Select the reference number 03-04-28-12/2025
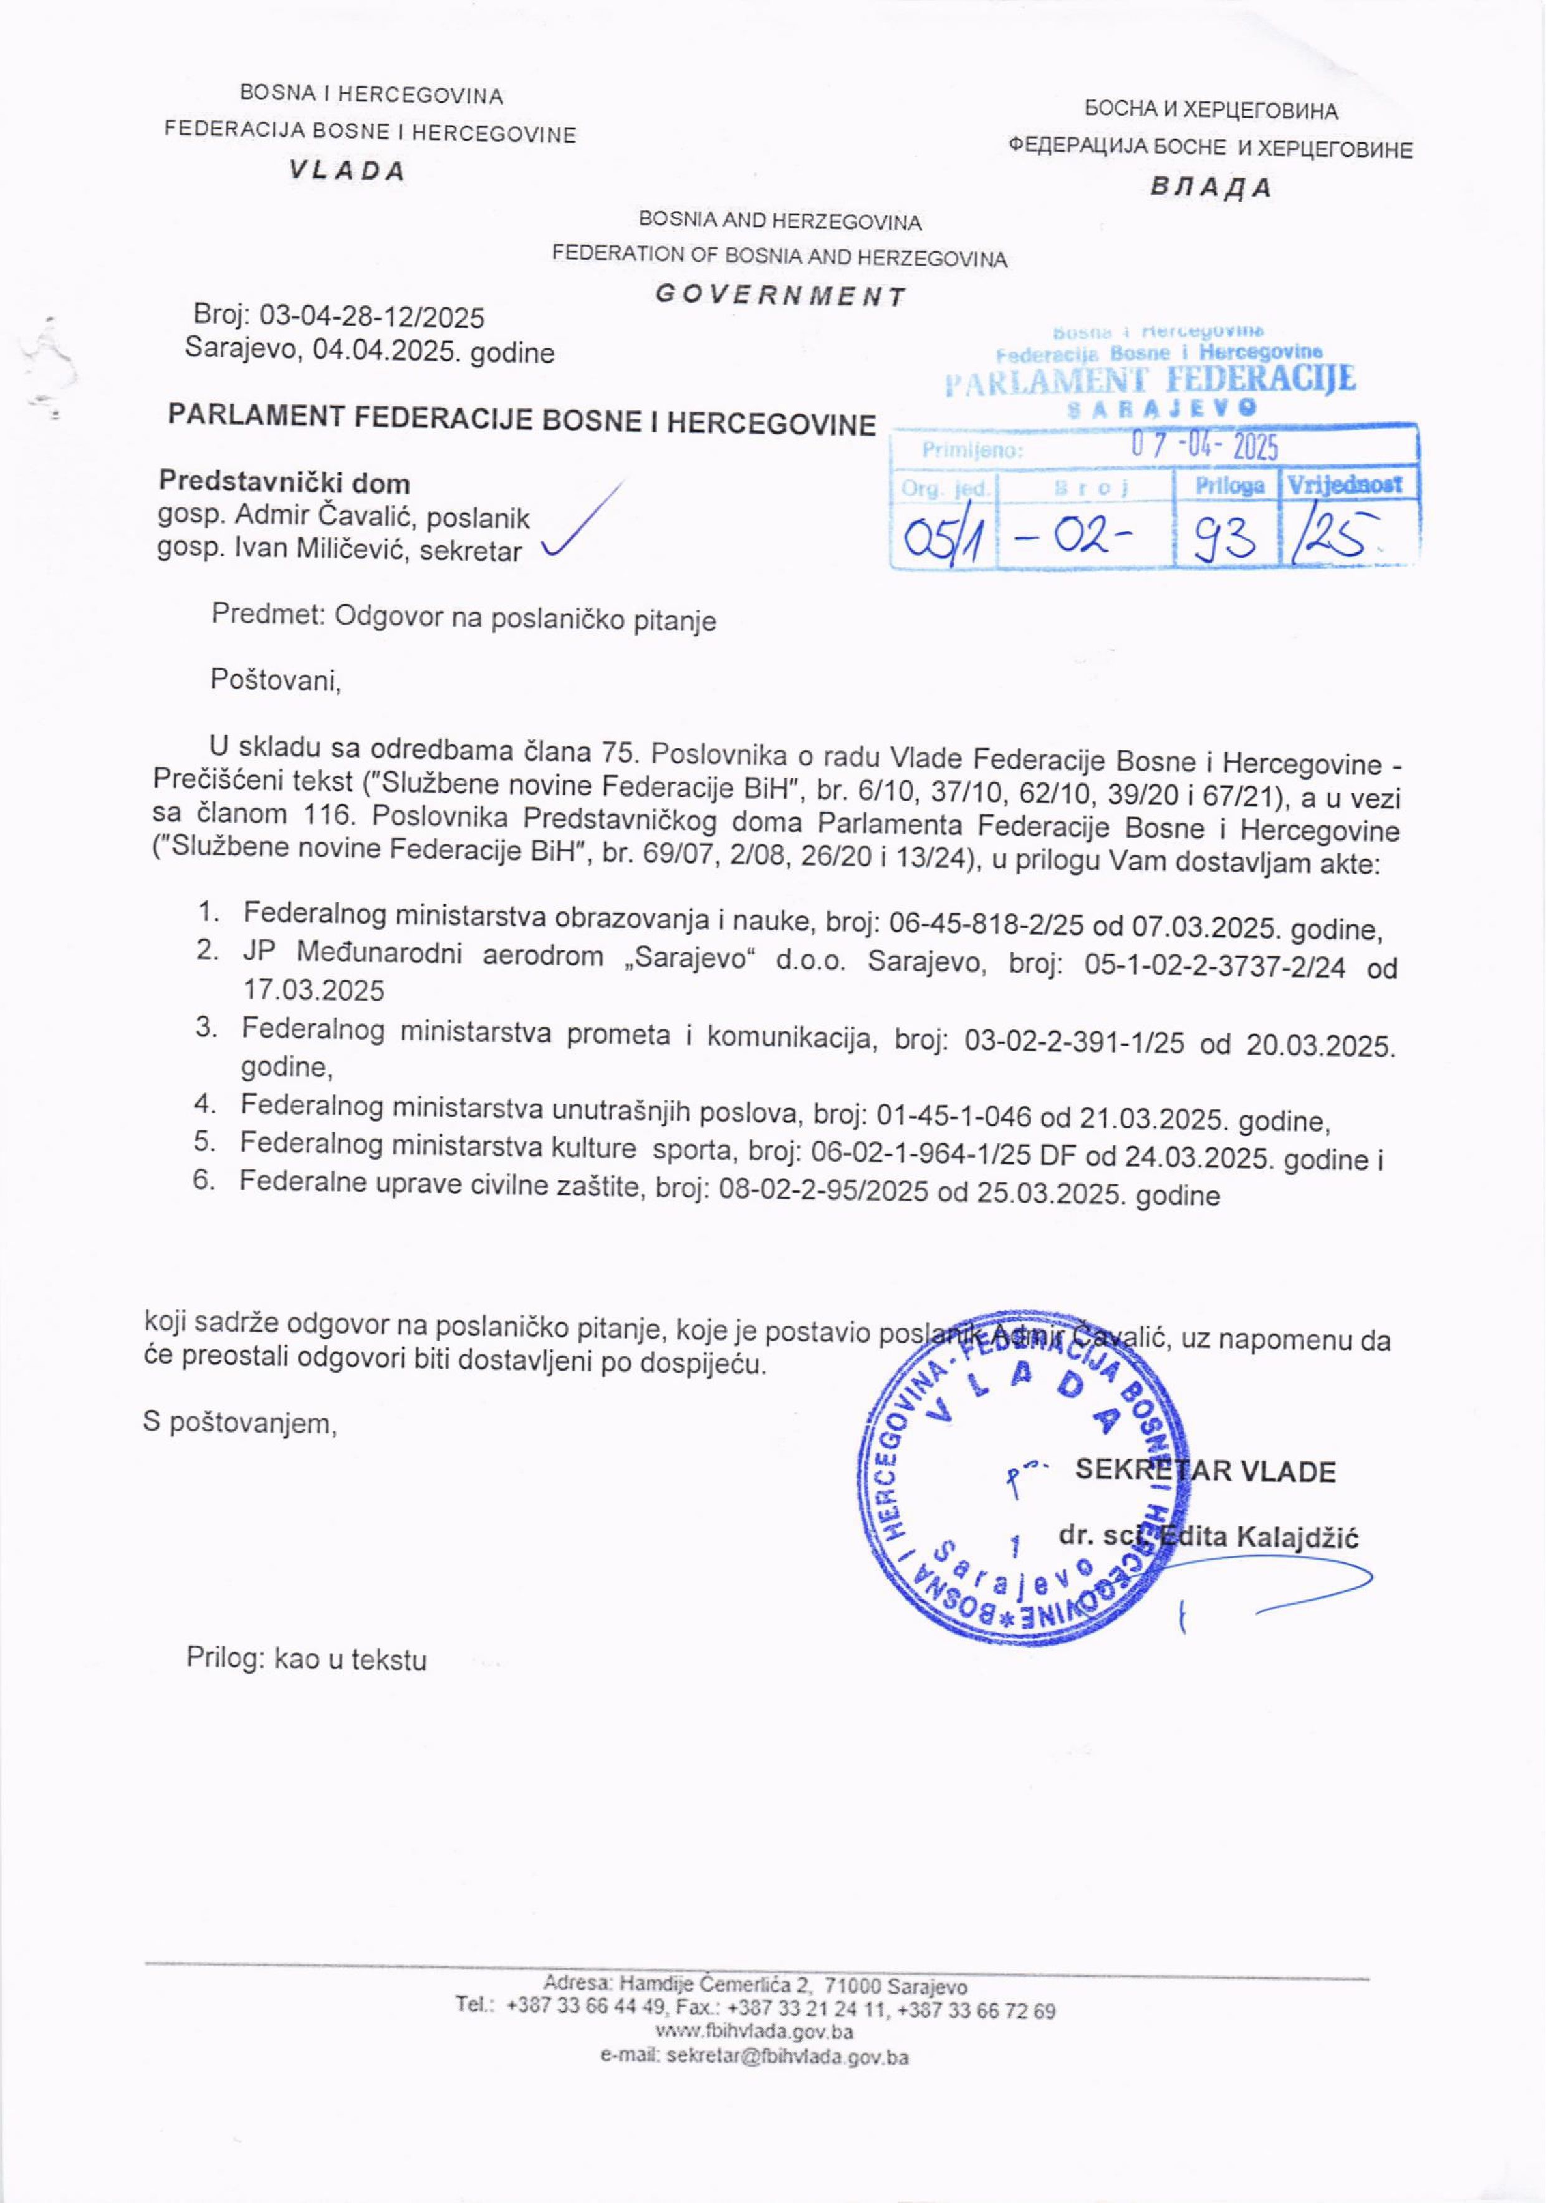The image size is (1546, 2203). [x=372, y=317]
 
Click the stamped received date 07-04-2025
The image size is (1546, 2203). [x=1206, y=447]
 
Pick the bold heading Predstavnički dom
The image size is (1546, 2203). [x=284, y=482]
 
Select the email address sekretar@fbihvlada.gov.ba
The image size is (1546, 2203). [x=787, y=2057]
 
